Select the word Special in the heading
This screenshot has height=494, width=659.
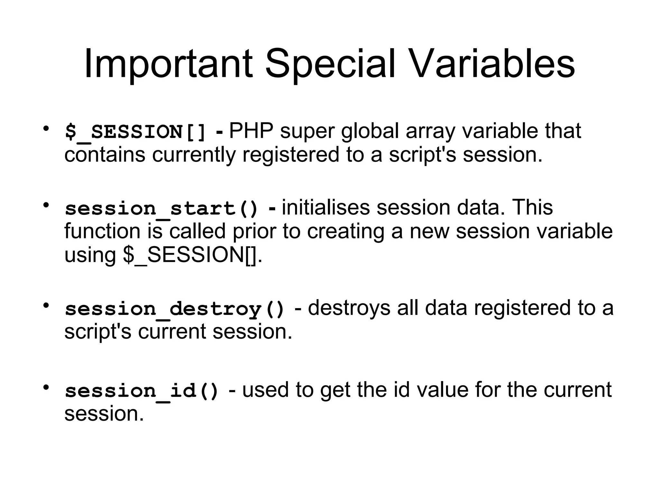pyautogui.click(x=330, y=64)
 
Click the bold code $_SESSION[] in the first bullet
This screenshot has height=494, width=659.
pyautogui.click(x=135, y=132)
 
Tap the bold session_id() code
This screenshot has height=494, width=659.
pyautogui.click(x=142, y=391)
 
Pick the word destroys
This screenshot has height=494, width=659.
pyautogui.click(x=349, y=308)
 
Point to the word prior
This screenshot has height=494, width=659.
pyautogui.click(x=254, y=232)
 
